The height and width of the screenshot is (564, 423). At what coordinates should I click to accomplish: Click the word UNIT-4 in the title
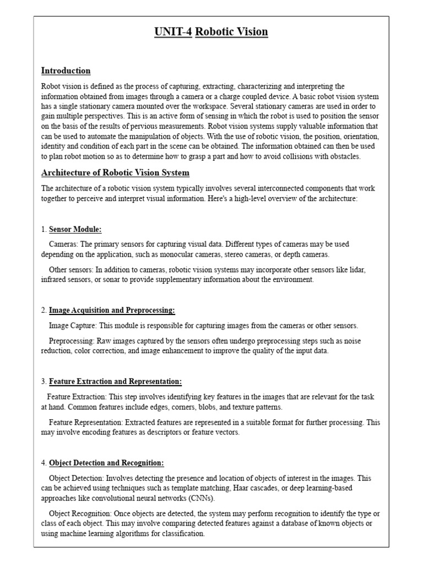(173, 31)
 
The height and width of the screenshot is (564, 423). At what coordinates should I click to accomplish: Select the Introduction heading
(66, 70)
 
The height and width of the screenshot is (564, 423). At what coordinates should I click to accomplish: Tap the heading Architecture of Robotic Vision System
(115, 172)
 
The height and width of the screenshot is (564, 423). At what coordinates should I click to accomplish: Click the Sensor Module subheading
(75, 229)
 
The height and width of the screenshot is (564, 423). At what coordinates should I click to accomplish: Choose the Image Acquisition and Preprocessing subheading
(112, 310)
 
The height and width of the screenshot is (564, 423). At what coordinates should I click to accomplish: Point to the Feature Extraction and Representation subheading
(115, 381)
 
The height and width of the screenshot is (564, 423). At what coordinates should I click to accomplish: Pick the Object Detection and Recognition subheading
(106, 463)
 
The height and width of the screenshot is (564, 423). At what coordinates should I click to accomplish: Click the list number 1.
(44, 229)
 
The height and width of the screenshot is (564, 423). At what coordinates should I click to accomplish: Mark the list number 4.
(44, 463)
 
